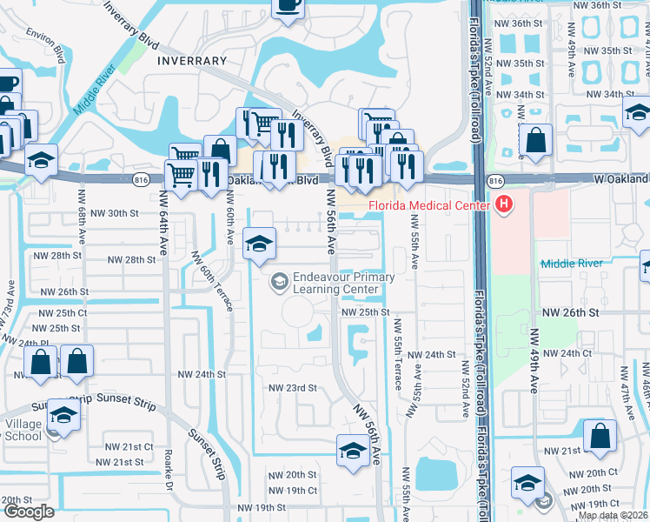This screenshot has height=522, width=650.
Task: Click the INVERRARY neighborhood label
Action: tap(192, 61)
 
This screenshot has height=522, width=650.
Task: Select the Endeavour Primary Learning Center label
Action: tap(343, 284)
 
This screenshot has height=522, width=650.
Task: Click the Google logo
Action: tap(28, 512)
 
